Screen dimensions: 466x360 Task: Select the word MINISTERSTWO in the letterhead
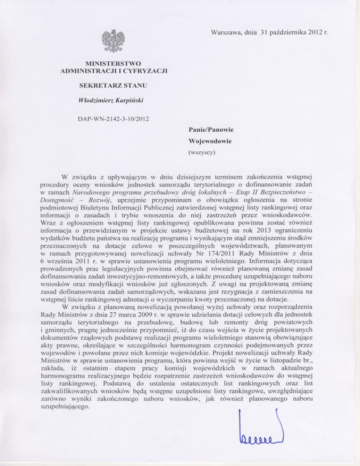coord(114,62)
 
